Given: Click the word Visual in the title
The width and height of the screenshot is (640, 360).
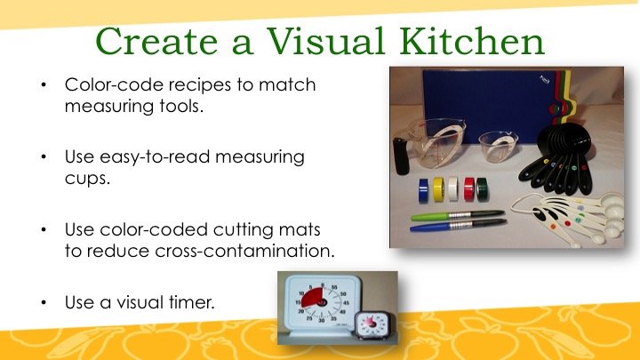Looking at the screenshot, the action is tap(325, 41).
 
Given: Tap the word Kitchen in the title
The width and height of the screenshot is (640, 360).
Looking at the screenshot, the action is tap(472, 41).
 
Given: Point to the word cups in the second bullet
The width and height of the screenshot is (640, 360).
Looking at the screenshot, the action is tap(86, 178).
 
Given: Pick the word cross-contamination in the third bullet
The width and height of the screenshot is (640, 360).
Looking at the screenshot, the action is tap(245, 250).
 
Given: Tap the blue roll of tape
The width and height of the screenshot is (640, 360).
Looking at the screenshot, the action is tap(423, 190).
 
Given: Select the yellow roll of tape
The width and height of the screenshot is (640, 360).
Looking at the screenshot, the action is tap(439, 189).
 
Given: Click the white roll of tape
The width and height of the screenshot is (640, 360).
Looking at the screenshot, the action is tap(452, 188).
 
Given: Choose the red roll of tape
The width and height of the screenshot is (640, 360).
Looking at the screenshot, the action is tap(469, 189).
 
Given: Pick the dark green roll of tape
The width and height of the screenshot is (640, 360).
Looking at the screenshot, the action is tap(482, 189).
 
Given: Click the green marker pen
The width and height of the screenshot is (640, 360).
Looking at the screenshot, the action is tap(457, 215).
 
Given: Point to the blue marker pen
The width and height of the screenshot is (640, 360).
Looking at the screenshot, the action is tap(458, 225).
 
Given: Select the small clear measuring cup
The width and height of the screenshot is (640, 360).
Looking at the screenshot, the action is tap(498, 146).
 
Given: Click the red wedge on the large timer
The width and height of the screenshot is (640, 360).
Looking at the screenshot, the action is tap(313, 297).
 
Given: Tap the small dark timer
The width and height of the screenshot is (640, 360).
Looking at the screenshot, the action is tap(370, 326).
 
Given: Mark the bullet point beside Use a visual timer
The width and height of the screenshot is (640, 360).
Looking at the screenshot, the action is tap(44, 302).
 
